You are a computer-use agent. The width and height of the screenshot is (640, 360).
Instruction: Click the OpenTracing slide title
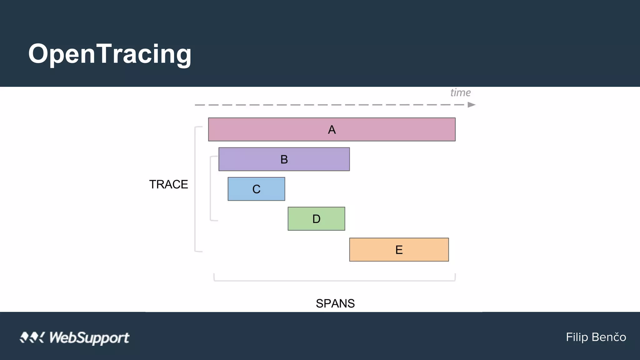coord(110,54)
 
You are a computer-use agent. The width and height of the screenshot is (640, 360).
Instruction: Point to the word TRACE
coord(168,184)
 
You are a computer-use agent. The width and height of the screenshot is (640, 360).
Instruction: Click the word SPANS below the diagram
coord(335,303)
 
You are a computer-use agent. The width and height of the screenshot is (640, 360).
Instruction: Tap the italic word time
coord(460,92)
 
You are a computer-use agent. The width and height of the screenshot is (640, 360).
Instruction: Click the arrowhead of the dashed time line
coord(472,105)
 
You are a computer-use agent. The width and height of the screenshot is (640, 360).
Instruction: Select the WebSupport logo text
coord(89,338)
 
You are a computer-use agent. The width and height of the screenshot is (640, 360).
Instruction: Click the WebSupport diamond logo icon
coord(32,337)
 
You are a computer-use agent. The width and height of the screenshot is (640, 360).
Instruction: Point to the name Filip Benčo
coord(596,337)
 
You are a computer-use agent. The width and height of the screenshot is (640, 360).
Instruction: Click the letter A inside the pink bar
coord(332,130)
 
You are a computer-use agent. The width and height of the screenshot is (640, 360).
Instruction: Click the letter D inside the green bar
coord(316,219)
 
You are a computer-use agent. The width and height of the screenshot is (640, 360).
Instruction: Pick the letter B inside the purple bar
coord(284,159)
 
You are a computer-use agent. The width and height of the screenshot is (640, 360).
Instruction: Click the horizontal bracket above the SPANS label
coord(334,280)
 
